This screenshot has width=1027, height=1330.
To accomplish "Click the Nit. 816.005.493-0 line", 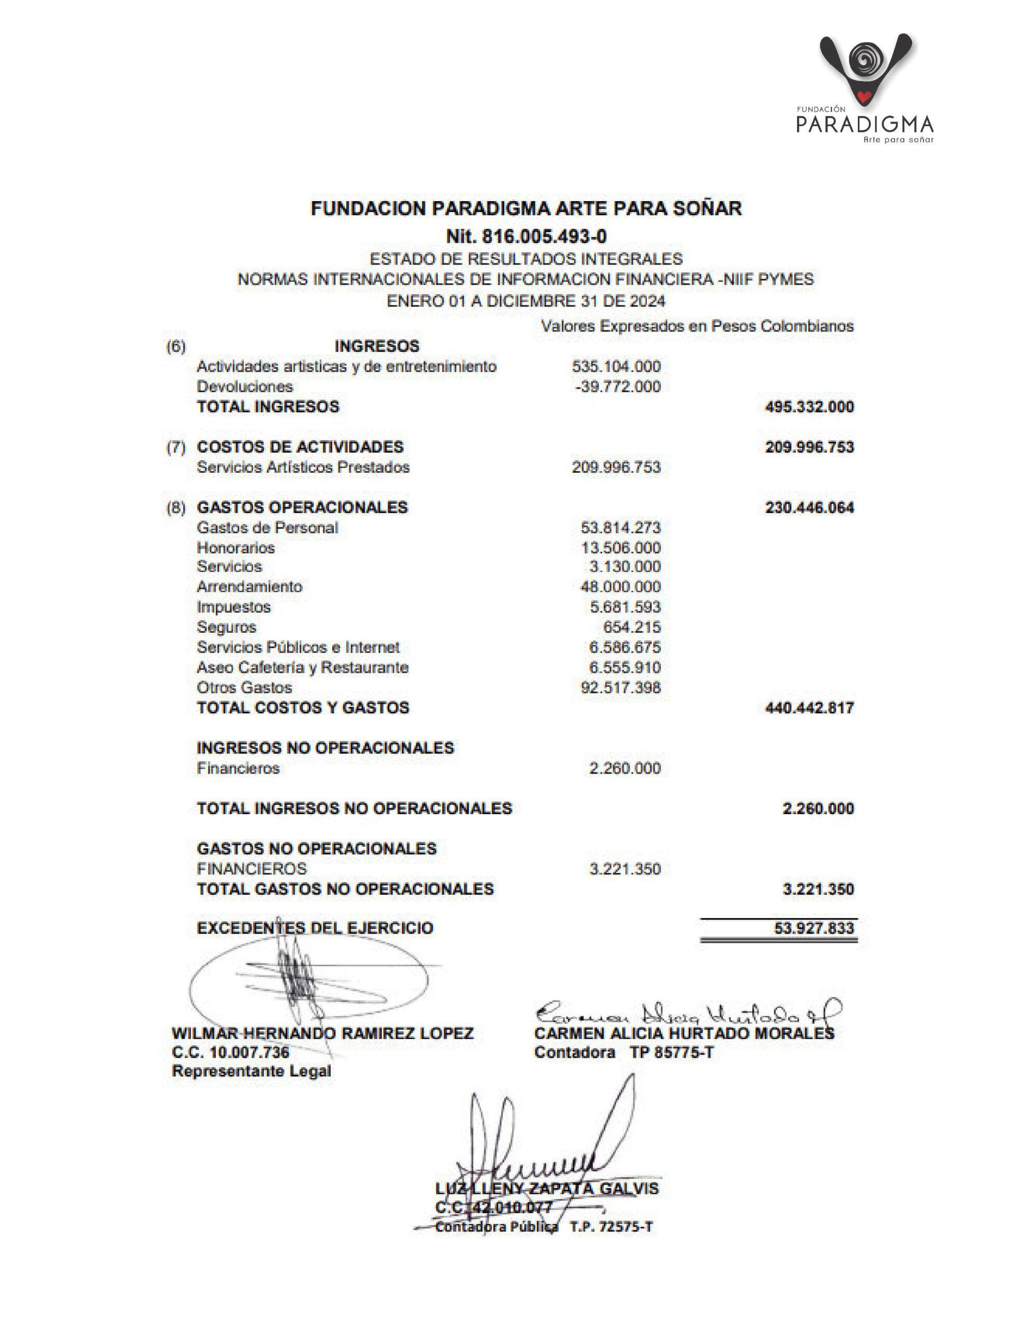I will (x=526, y=236).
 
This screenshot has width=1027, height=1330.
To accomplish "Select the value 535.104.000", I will (x=616, y=367).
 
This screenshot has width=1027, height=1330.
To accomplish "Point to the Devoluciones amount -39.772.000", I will (x=617, y=387).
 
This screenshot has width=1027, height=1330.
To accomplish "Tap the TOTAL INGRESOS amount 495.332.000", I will (x=809, y=407).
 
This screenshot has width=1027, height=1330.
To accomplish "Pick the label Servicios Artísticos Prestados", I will (x=303, y=467).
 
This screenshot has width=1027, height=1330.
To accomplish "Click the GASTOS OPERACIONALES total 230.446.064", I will (x=809, y=507).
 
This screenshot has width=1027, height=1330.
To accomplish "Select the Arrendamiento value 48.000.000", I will (x=620, y=587).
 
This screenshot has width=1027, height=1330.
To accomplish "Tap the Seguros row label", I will (x=226, y=627).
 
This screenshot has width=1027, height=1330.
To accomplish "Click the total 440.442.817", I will (x=809, y=708).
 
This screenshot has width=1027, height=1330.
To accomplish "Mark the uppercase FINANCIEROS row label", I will (x=251, y=869).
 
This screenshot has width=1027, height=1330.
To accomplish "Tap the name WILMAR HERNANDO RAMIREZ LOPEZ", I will (x=322, y=1033).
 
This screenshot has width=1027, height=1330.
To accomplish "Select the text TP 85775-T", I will (x=671, y=1052).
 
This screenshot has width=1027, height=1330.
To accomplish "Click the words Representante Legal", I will (x=251, y=1071).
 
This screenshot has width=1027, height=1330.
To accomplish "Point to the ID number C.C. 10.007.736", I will (x=231, y=1052).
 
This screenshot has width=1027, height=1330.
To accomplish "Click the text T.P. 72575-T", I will (x=611, y=1227).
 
